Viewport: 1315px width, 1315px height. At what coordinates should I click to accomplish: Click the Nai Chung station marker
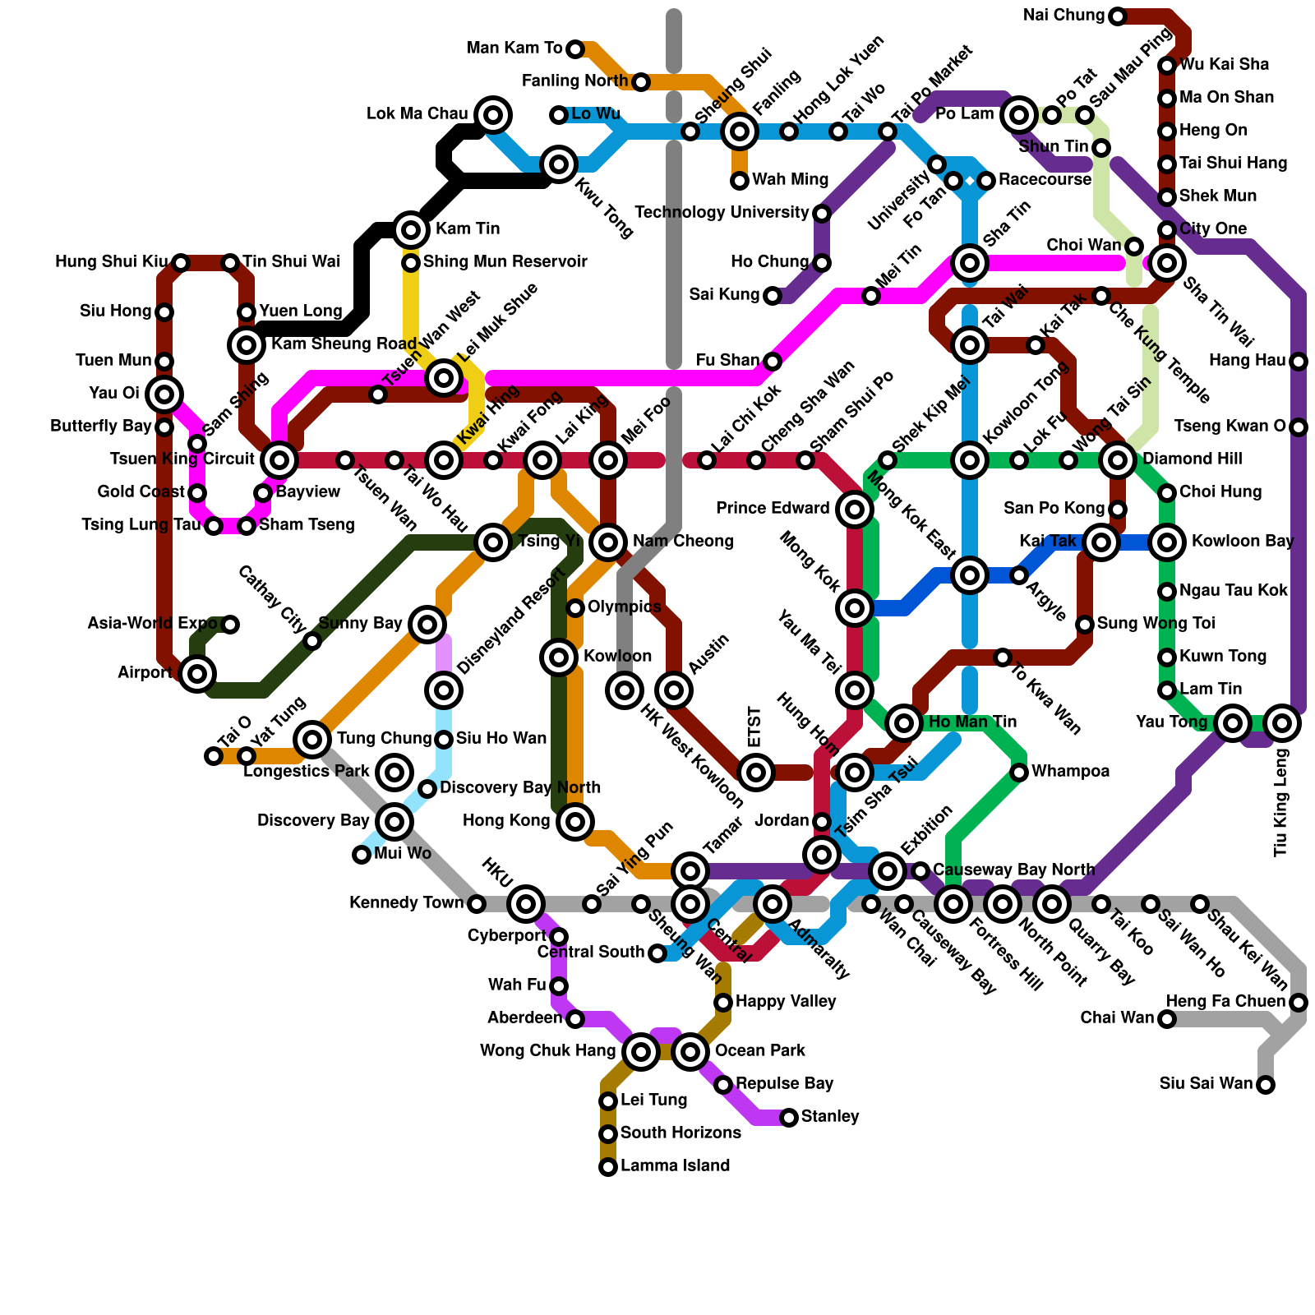click(x=1118, y=16)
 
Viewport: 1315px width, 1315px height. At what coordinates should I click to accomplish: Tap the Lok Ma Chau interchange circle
click(x=493, y=115)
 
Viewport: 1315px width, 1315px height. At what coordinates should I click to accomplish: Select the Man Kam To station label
click(x=514, y=48)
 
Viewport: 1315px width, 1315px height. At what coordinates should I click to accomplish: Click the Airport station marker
click(x=197, y=674)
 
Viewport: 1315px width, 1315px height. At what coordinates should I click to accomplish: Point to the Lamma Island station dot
click(x=608, y=1167)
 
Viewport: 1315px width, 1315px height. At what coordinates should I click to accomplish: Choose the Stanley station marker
click(x=789, y=1118)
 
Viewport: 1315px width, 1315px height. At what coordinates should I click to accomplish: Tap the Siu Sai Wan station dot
click(x=1266, y=1085)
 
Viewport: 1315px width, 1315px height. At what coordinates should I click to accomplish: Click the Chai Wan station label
click(x=1117, y=1018)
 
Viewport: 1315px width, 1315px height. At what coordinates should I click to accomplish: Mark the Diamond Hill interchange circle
click(x=1118, y=460)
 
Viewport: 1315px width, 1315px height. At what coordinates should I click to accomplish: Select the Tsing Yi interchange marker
click(x=493, y=542)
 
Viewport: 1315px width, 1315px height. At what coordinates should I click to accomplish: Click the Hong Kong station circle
click(x=575, y=822)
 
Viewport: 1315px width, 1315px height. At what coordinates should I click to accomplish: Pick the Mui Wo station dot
click(x=362, y=855)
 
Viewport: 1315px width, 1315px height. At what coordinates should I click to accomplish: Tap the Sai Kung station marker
click(x=773, y=296)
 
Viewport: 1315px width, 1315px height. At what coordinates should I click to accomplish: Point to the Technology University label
click(x=722, y=213)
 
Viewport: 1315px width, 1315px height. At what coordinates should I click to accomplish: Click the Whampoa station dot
click(x=1019, y=773)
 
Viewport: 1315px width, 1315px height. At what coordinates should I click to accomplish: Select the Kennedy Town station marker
click(x=477, y=904)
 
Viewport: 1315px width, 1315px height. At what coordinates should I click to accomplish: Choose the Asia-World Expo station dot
click(x=230, y=625)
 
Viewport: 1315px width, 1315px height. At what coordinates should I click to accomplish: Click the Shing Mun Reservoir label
click(x=505, y=262)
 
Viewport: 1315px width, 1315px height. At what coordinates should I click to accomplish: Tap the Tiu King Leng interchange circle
click(x=1282, y=723)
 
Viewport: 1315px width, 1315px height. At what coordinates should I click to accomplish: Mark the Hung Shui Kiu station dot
click(x=181, y=263)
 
